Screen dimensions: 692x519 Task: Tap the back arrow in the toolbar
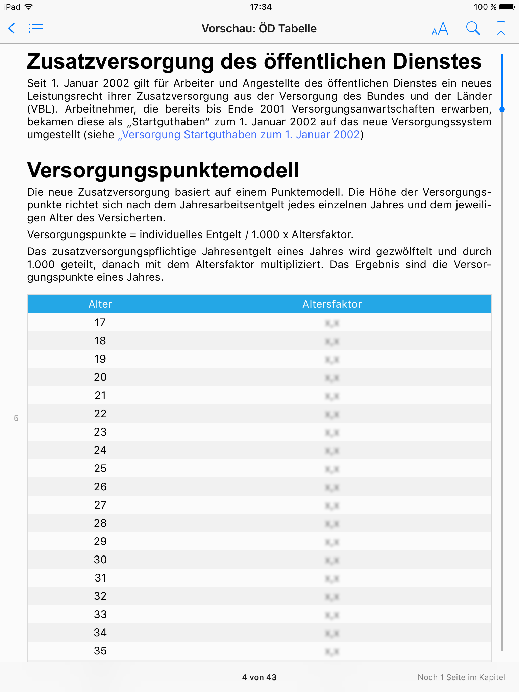coord(12,28)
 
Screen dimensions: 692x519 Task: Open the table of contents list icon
coord(36,28)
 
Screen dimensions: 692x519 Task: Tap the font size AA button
coord(440,29)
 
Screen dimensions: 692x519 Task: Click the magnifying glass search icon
coord(473,28)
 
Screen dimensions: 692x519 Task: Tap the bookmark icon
coord(501,28)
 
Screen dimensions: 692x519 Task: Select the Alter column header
coord(100,304)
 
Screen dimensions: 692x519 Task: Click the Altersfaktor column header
coord(332,304)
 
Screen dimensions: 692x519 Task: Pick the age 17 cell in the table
coord(100,323)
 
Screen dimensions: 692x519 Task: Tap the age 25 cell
coord(100,469)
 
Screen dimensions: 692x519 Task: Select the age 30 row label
coord(100,560)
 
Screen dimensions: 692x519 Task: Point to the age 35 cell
coord(100,651)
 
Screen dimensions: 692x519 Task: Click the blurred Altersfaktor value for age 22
coord(332,414)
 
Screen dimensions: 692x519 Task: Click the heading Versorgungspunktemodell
coord(163,170)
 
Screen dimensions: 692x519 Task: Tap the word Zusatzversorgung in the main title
coord(120,62)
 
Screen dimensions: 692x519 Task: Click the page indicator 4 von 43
coord(259,677)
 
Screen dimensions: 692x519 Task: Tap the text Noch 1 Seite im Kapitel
coord(461,677)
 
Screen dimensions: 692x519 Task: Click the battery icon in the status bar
coord(506,7)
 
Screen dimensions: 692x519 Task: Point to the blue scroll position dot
coord(502,109)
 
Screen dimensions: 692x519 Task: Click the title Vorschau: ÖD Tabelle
coord(259,29)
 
